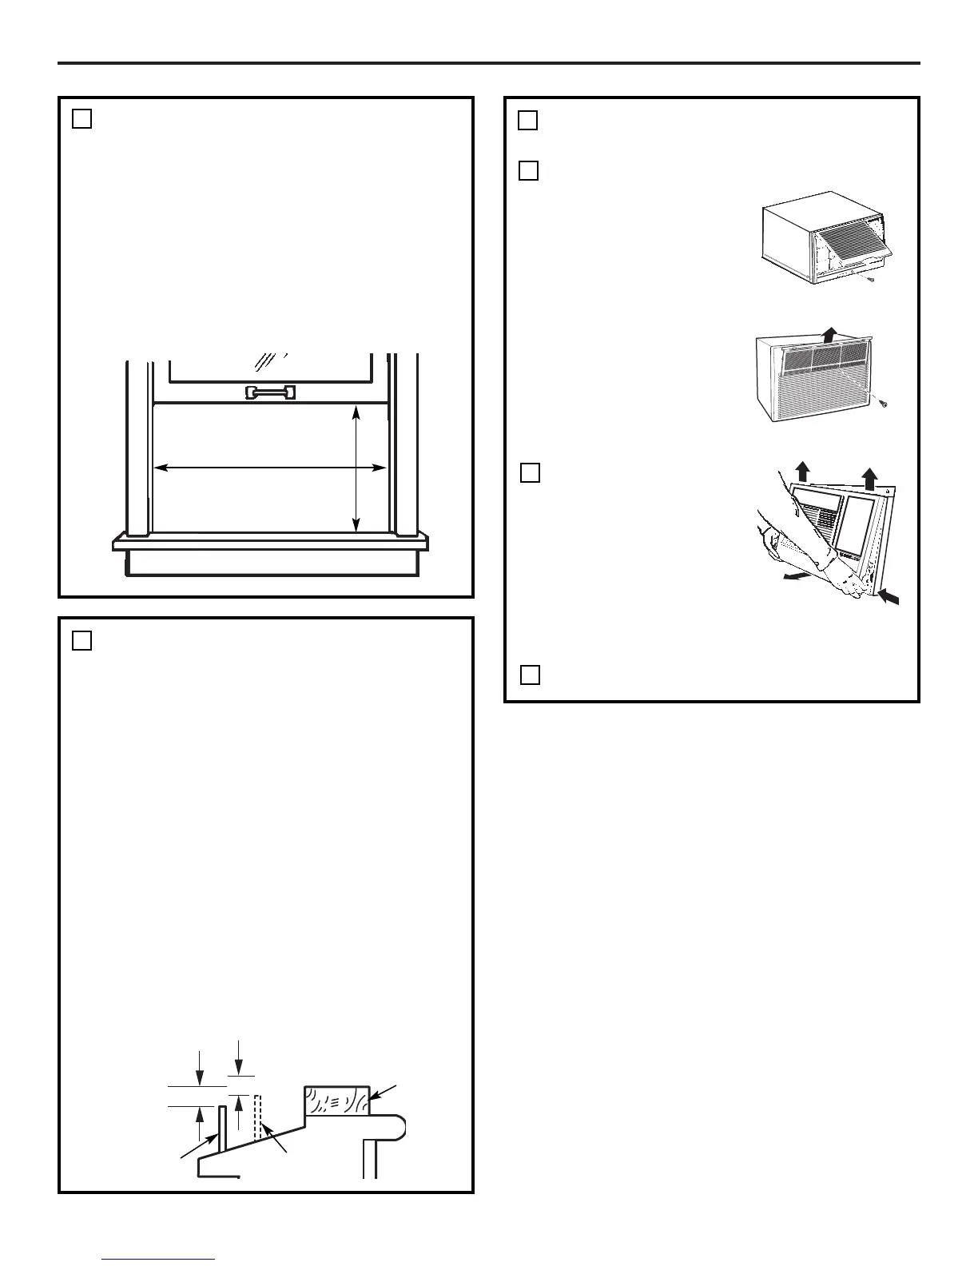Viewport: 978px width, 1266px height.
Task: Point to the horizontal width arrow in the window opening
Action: (x=270, y=468)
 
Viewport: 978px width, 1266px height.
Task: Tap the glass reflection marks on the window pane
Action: (x=268, y=361)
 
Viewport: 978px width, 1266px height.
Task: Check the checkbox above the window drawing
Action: (x=81, y=118)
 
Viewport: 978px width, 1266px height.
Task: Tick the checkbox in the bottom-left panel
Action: (x=81, y=640)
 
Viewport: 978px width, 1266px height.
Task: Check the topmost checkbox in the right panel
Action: (x=527, y=121)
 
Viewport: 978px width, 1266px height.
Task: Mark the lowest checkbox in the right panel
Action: (x=530, y=675)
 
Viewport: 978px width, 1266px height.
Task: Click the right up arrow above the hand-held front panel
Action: (x=869, y=479)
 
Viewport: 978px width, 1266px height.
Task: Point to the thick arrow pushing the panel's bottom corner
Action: (x=889, y=596)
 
